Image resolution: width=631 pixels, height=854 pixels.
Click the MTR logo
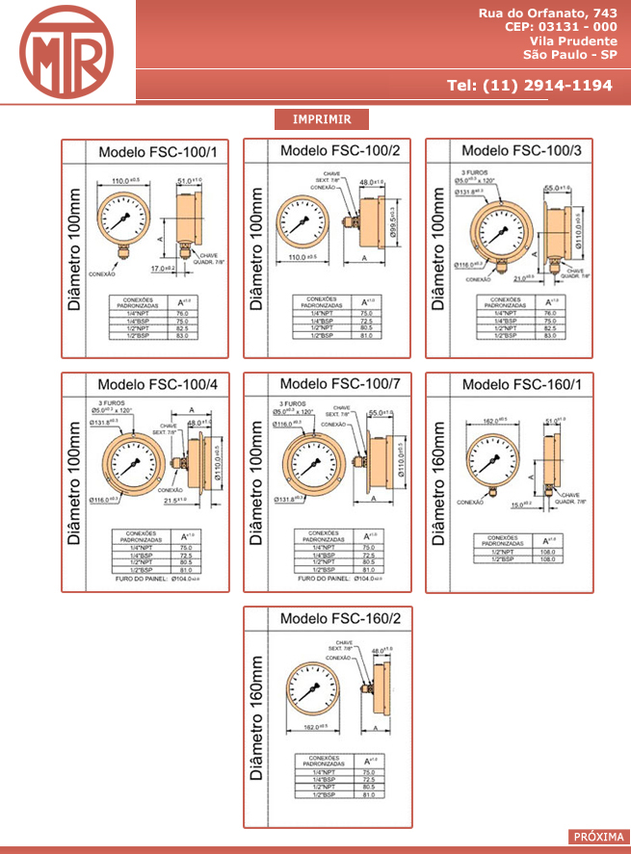click(x=66, y=52)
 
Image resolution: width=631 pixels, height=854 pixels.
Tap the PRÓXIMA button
click(x=598, y=837)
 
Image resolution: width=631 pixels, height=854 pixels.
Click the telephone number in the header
click(x=530, y=85)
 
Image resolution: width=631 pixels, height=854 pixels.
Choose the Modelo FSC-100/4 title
click(x=157, y=385)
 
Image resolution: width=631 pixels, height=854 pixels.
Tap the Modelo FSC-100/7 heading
click(x=339, y=384)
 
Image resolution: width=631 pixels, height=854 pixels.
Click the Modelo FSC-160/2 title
click(x=339, y=617)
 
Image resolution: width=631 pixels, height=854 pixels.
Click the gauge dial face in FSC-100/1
click(x=123, y=219)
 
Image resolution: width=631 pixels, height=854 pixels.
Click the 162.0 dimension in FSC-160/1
click(x=493, y=421)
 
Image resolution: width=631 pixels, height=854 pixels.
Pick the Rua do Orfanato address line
click(x=548, y=13)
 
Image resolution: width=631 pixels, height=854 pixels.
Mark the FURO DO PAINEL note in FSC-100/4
click(x=159, y=579)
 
